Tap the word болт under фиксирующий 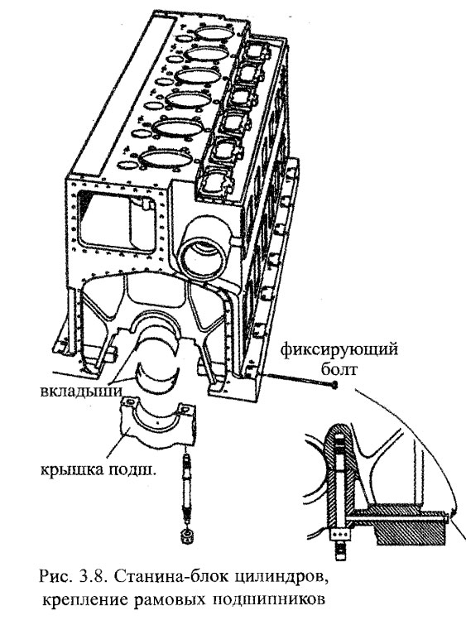click(x=339, y=369)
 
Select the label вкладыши click(x=81, y=391)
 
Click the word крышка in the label click(x=66, y=470)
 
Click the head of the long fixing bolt click(x=334, y=385)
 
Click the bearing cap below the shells click(x=158, y=422)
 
